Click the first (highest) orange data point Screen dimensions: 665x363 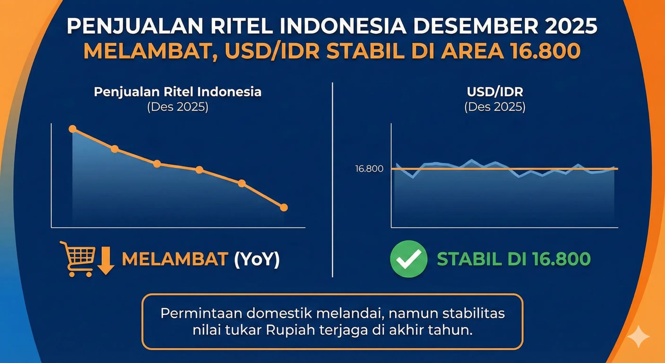[72, 129]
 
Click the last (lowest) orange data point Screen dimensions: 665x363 [284, 208]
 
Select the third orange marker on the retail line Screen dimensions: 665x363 [157, 164]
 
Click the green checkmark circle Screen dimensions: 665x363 [409, 259]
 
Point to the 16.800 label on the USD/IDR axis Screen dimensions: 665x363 [369, 169]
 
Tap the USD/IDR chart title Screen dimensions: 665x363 [495, 92]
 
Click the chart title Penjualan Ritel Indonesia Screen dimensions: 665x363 [178, 92]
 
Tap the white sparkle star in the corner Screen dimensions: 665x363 [639, 336]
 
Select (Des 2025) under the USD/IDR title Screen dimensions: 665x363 [495, 107]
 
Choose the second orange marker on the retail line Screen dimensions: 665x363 [115, 149]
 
